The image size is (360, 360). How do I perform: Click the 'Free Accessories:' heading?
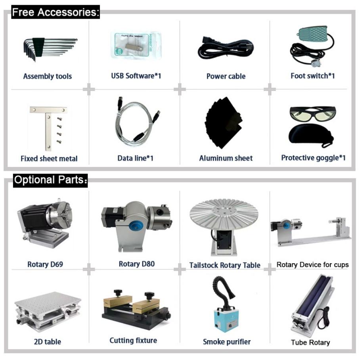[55, 12]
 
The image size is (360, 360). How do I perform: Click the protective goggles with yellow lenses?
[312, 113]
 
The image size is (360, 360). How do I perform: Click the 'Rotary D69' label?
[45, 264]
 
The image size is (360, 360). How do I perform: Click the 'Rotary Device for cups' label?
[313, 264]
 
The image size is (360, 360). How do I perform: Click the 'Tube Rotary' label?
[310, 343]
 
